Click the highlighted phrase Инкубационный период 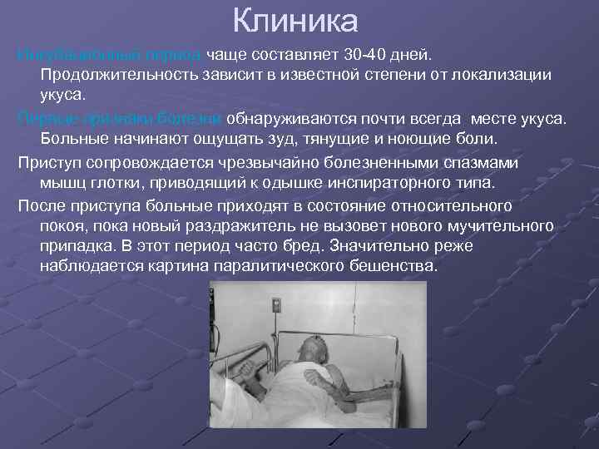pyautogui.click(x=109, y=55)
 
